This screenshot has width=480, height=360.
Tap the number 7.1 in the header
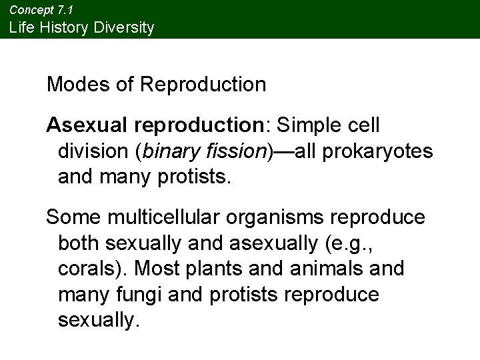tap(65, 10)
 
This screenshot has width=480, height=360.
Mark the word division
tap(94, 151)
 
